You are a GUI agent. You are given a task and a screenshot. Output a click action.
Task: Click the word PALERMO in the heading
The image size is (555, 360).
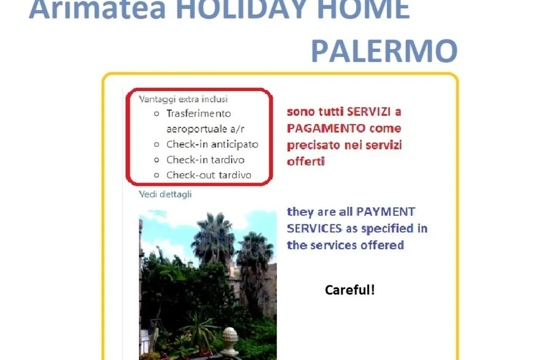[x=384, y=51]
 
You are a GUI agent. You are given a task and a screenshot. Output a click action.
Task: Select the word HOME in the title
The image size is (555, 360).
[x=363, y=9]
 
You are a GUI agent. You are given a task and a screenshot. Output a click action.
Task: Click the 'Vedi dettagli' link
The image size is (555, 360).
[x=165, y=194]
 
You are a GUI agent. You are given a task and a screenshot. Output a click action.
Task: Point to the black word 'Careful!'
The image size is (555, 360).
[x=350, y=290]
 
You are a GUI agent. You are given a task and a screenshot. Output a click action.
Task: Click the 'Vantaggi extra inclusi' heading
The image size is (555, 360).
[x=183, y=99]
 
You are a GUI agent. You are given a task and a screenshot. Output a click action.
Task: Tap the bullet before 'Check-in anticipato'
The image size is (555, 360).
[x=156, y=144]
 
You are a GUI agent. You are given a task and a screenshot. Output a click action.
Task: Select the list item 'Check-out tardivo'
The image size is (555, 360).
[x=209, y=175]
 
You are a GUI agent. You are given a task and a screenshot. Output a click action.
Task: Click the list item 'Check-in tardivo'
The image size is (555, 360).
[x=205, y=160]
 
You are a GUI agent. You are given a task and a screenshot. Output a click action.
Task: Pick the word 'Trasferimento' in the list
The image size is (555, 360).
[x=198, y=114]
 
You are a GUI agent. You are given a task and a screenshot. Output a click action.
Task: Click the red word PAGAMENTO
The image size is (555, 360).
[x=326, y=128]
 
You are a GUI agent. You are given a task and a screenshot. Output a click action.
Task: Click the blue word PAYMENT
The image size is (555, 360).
[x=385, y=211]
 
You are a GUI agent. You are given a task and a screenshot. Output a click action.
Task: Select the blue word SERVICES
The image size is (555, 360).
[x=314, y=228]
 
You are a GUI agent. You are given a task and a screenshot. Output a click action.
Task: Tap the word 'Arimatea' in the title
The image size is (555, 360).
[x=97, y=9]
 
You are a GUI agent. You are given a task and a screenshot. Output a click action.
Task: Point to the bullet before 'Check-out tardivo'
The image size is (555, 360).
[x=156, y=175]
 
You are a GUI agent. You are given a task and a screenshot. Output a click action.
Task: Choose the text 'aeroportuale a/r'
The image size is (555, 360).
[x=205, y=129]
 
